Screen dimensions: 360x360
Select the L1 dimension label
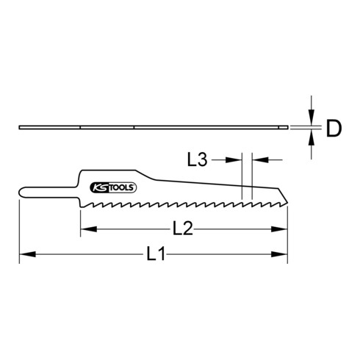pyautogui.click(x=153, y=256)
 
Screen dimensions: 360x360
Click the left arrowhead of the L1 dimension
pyautogui.click(x=25, y=255)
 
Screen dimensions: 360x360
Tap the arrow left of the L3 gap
pyautogui.click(x=235, y=158)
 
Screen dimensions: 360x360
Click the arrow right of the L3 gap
pyautogui.click(x=258, y=158)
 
